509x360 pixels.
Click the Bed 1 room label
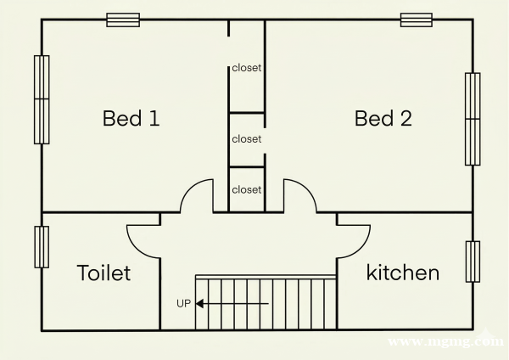(x=131, y=118)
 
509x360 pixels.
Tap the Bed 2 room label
(x=383, y=118)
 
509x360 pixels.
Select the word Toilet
(x=103, y=273)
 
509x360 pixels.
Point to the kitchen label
(x=403, y=273)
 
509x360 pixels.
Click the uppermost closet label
(x=247, y=68)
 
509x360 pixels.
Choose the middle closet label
(x=247, y=139)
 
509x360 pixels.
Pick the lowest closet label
(x=247, y=189)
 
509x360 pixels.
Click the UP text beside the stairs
(x=183, y=303)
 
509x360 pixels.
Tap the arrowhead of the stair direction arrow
(x=199, y=304)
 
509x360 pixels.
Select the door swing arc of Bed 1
(x=188, y=189)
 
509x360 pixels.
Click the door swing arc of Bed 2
(x=309, y=189)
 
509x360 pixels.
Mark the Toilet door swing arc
(x=137, y=250)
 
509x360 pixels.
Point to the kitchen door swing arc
(x=361, y=250)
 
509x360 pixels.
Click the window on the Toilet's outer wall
(x=42, y=247)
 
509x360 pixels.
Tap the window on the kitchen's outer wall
(x=473, y=262)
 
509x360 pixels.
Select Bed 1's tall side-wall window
(x=42, y=99)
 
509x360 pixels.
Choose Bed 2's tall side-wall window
(x=473, y=119)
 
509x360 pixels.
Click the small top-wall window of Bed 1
(x=123, y=20)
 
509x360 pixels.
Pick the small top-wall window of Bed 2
(x=417, y=20)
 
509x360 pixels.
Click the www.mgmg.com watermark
(x=445, y=341)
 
